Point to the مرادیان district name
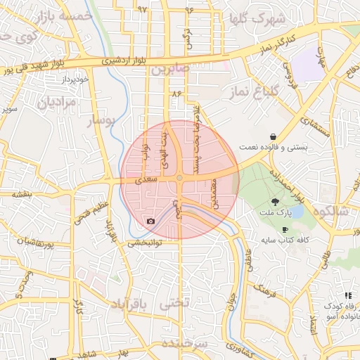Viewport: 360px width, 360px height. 50,103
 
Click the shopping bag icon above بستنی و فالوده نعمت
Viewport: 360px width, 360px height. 272,136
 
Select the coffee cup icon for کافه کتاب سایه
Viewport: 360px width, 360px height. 285,230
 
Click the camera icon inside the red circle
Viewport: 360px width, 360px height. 150,221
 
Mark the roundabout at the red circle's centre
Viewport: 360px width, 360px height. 180,178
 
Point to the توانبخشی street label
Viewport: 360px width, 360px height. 144,243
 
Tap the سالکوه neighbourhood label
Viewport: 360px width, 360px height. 333,211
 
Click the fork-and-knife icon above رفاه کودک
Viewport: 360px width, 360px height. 347,295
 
